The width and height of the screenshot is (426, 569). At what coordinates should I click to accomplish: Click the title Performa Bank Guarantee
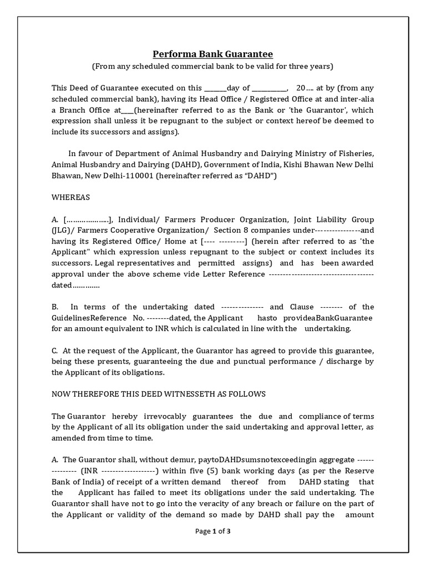pos(213,54)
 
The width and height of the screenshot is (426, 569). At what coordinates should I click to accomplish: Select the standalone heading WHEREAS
pos(70,197)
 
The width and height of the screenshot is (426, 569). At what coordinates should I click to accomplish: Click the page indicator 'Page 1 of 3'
pos(213,531)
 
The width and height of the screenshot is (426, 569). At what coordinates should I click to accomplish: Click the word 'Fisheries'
pos(356,153)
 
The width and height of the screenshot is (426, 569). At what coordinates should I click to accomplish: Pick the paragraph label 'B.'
pos(55,307)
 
